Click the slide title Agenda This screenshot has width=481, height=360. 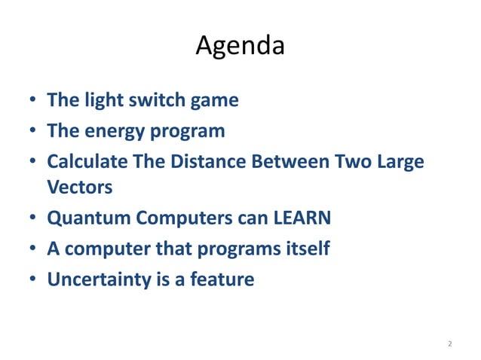coord(240,46)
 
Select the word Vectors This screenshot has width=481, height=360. coord(78,186)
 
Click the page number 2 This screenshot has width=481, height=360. coord(449,343)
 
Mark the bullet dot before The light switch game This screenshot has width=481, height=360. coord(33,101)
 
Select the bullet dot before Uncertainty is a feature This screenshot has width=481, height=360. coord(33,280)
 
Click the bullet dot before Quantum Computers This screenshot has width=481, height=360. coord(33,218)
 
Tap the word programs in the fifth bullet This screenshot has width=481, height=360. coord(229,249)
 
